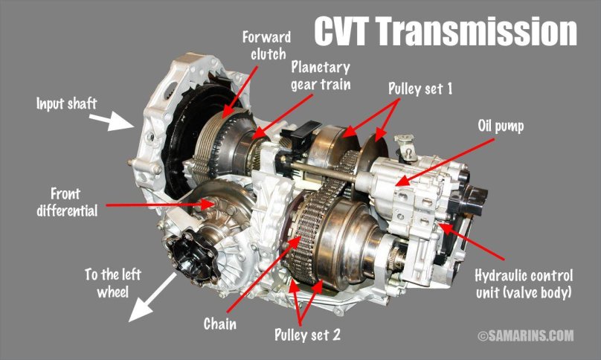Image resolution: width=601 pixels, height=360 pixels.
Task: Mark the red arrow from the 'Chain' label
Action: click(265, 272)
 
